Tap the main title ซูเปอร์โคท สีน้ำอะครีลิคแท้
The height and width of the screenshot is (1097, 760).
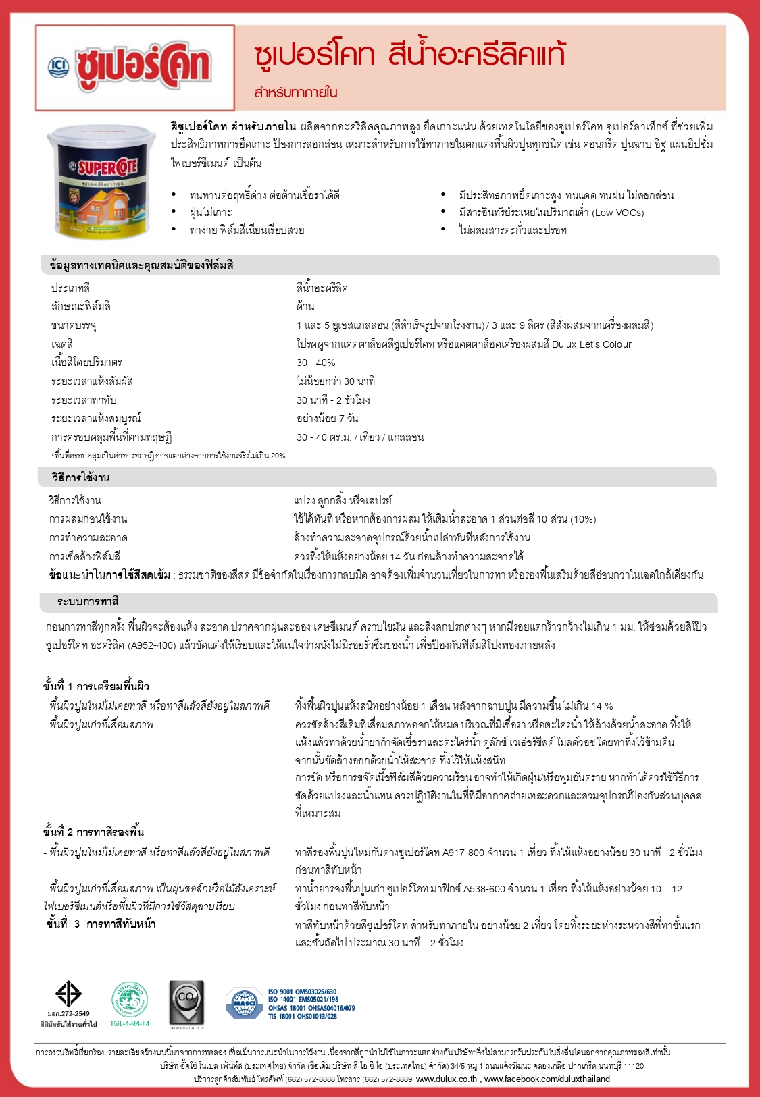[409, 55]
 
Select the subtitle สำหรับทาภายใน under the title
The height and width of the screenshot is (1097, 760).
[296, 92]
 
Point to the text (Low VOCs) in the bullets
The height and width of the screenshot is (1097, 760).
[618, 213]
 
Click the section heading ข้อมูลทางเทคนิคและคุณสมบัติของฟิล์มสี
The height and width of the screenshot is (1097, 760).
[142, 265]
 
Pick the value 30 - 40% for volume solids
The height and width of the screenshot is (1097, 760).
[315, 363]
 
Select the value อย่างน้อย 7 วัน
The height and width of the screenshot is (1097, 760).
[327, 418]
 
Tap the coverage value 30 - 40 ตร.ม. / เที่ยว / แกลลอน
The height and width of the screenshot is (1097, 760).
[360, 437]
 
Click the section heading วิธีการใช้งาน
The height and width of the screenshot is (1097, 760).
[80, 477]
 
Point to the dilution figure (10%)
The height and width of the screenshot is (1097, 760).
[583, 519]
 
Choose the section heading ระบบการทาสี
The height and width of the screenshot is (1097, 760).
[88, 601]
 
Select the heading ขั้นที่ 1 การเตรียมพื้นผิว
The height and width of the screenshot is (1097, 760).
[97, 686]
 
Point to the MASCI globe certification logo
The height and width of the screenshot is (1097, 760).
[245, 1003]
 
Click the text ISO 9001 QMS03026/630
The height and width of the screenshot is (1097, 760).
[302, 992]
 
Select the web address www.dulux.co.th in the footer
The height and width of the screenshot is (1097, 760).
[447, 1079]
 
